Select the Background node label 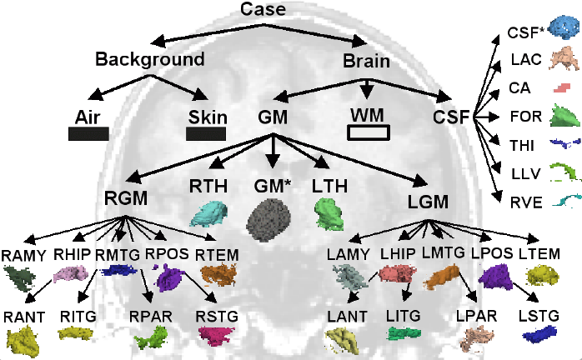[x=149, y=59]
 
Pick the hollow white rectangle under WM [x=368, y=132]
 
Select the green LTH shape [x=330, y=213]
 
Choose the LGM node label [x=428, y=201]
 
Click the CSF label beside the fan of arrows [x=452, y=116]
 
